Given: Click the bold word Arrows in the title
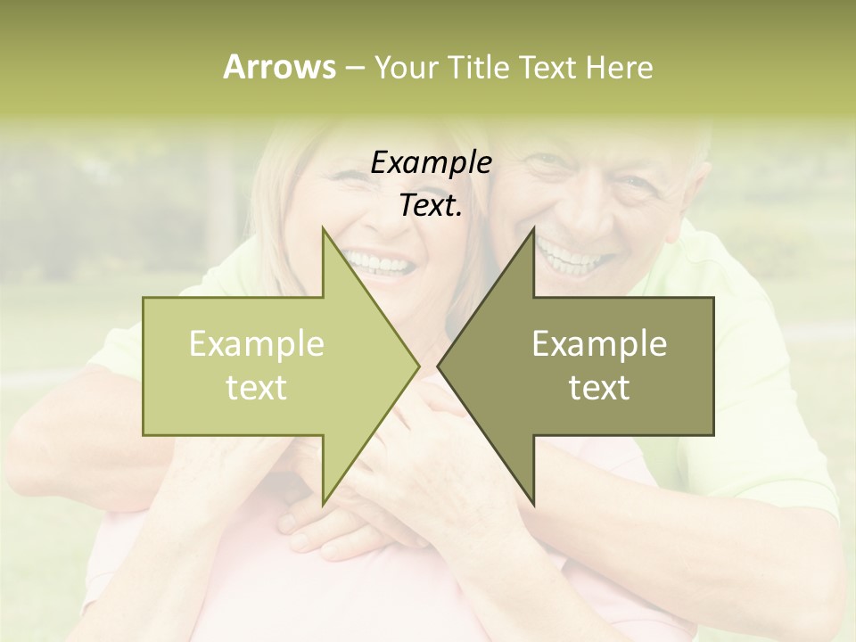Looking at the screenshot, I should pyautogui.click(x=279, y=67).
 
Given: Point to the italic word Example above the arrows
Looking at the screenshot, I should pyautogui.click(x=431, y=163).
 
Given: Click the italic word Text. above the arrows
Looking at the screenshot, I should pyautogui.click(x=431, y=206).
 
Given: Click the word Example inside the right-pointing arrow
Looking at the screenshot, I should pyautogui.click(x=257, y=344).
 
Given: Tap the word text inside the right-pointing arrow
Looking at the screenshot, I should pyautogui.click(x=257, y=388).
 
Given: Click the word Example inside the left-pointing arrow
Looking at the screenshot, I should pyautogui.click(x=599, y=344).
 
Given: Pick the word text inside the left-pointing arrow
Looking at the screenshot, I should pyautogui.click(x=599, y=388).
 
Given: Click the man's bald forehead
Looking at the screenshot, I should pyautogui.click(x=615, y=147).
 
